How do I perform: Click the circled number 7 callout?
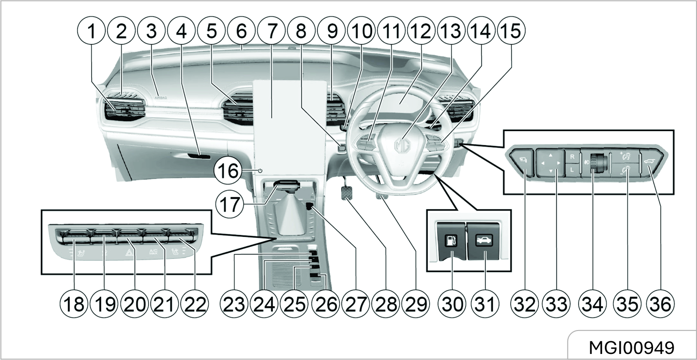[x=270, y=31]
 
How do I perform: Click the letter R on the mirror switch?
[x=572, y=157]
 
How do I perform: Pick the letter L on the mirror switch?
[x=572, y=170]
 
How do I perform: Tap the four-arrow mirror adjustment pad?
[x=550, y=163]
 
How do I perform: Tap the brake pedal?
[x=347, y=192]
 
